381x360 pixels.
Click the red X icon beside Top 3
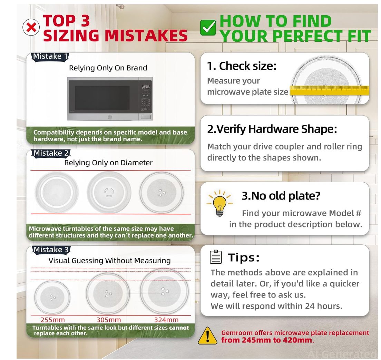tap(31, 27)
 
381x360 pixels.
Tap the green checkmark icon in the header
tap(208, 27)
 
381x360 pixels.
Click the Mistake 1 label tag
tap(50, 57)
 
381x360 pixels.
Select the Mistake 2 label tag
tap(51, 154)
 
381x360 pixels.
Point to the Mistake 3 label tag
tap(51, 250)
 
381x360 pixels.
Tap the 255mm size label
tap(52, 320)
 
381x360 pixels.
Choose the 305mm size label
tap(109, 320)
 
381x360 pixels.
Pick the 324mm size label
tap(166, 320)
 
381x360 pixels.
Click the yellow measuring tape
tap(330, 90)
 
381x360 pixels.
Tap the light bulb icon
tap(219, 203)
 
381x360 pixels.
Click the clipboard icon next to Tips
tap(216, 257)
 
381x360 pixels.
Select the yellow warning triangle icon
tap(207, 336)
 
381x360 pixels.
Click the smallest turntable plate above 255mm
tap(52, 297)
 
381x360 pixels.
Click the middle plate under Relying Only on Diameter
tap(109, 192)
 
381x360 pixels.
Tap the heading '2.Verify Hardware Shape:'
tap(272, 129)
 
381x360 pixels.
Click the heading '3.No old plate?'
tap(281, 196)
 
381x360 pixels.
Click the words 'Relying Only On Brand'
tap(108, 68)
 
